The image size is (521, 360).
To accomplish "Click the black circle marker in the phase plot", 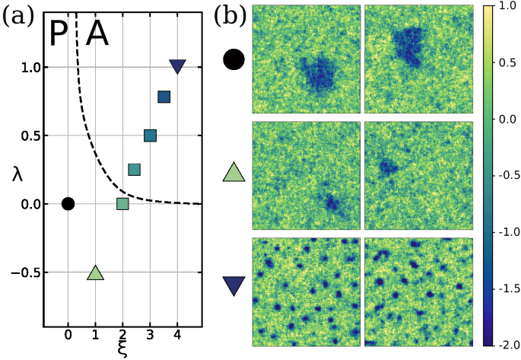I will click(68, 203).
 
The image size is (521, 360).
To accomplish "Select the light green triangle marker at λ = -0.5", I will click(95, 273).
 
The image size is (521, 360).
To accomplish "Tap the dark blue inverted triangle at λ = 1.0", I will click(177, 66).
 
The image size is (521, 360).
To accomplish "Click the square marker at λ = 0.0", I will click(122, 203).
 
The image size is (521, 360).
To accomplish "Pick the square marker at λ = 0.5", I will click(150, 135).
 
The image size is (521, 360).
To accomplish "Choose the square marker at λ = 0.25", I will click(134, 169).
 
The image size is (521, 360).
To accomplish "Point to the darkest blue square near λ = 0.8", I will click(164, 97).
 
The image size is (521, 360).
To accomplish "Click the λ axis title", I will click(17, 174).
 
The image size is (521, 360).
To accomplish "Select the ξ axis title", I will click(122, 349).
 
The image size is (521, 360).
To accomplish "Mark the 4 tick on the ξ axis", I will click(177, 335).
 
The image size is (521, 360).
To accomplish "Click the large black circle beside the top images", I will click(233, 60).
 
